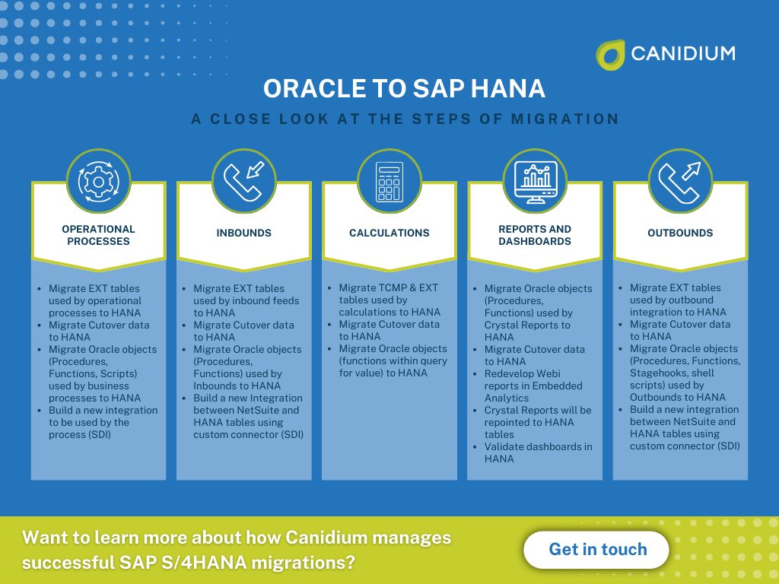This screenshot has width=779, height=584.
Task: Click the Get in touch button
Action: point(597,550)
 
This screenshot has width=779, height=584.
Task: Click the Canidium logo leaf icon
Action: point(610,55)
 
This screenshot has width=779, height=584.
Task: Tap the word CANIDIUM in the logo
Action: point(682,53)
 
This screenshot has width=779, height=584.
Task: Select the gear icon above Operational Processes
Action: point(98,181)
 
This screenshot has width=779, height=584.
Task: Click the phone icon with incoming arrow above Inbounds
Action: point(243,181)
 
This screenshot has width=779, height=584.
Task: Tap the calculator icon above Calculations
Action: point(389,181)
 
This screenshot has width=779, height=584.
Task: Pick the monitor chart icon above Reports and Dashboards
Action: point(535,181)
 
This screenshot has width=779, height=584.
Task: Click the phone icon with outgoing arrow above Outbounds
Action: point(680,181)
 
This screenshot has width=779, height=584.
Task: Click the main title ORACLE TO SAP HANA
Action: point(404,89)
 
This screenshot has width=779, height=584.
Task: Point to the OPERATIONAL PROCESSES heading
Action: point(98,235)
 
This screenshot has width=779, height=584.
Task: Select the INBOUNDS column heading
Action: point(243,233)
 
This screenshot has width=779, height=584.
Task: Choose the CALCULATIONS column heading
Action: point(389,233)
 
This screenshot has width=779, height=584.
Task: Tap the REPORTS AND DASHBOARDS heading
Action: point(535,235)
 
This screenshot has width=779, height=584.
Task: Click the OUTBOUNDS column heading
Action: point(680,233)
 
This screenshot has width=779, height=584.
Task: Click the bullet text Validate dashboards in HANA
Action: point(538,452)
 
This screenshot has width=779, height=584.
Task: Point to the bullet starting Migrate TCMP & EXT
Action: point(389,300)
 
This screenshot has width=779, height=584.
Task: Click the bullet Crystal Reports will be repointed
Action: point(538,422)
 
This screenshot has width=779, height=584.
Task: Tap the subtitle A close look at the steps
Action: point(404,119)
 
